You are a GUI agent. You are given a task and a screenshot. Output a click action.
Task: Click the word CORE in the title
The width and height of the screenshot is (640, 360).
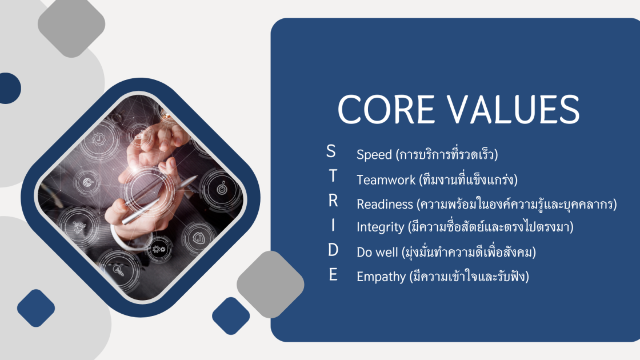pos(386,109)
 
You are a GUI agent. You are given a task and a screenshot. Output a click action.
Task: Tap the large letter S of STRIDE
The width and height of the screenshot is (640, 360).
pos(331,151)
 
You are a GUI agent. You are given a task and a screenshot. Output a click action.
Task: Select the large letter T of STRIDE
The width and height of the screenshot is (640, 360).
pos(333,175)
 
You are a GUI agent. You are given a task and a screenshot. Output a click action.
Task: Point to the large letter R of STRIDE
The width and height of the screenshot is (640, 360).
pos(333,201)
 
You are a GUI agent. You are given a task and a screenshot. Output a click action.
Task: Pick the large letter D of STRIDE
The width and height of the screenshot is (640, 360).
pos(333,250)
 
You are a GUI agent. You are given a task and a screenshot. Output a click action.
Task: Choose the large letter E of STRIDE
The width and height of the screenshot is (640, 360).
pos(333,275)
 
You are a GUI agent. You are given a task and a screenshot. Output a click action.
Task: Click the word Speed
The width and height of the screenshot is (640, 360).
pos(374,155)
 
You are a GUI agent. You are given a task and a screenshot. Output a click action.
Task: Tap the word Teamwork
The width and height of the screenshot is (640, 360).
pos(386,179)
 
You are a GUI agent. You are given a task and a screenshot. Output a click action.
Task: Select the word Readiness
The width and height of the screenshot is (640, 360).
pos(385,204)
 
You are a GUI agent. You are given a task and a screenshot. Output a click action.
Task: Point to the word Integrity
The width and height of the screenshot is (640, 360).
pos(380,227)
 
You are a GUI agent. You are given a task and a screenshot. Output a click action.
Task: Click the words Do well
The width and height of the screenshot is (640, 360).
pos(377,252)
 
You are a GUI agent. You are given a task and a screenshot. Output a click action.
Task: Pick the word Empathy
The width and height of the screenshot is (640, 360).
pos(381,277)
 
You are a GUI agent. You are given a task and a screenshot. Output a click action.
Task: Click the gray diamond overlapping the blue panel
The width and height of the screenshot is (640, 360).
pos(270,285)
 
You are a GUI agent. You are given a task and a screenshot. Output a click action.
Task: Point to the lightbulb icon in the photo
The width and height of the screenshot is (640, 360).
pos(118,269)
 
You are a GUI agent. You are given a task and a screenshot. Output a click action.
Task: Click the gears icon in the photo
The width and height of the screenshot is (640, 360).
pos(158,249)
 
